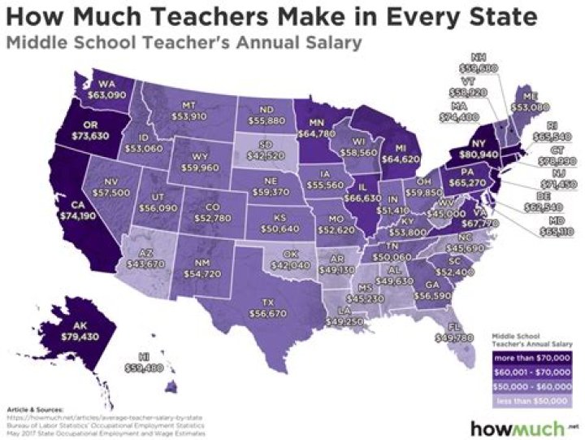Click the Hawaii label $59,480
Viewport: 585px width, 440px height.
[148, 361]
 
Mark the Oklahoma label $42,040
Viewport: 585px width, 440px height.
[274, 259]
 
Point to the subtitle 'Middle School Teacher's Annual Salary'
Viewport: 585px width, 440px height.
[184, 44]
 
